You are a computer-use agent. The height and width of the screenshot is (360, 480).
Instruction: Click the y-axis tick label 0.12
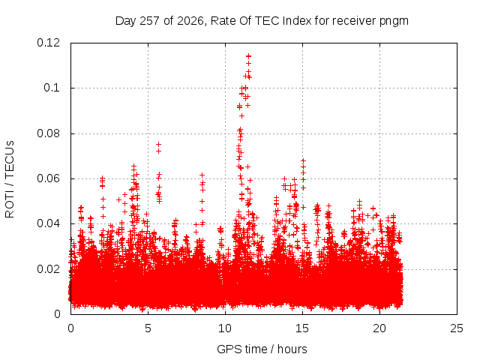coord(48,43)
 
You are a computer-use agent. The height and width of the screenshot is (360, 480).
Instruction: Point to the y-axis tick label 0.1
coord(52,88)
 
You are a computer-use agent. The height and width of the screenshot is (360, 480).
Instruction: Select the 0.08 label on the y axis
coord(48,133)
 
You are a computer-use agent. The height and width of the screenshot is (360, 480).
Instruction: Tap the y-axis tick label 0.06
coord(48,178)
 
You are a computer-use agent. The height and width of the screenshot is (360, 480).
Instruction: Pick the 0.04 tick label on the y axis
coord(48,223)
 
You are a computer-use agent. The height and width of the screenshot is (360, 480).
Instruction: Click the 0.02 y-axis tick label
coord(48,269)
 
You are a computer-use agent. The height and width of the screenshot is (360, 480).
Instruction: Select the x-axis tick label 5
coord(148,328)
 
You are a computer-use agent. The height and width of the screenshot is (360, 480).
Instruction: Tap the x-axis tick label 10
coord(225,328)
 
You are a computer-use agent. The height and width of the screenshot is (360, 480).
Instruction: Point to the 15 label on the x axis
coord(302,328)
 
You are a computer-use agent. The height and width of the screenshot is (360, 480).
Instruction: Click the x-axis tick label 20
coord(379,328)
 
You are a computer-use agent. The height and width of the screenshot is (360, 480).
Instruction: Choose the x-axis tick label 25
coord(457,328)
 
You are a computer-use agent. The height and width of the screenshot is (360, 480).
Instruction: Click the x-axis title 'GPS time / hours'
coord(262,349)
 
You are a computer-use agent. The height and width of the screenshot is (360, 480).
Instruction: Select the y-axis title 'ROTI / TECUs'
coord(10,179)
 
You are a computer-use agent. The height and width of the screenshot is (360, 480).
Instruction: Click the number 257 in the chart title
coord(150,21)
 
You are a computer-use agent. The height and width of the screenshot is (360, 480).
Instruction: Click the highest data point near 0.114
coord(248,56)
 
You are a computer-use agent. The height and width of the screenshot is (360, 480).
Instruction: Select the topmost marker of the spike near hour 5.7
coord(158,144)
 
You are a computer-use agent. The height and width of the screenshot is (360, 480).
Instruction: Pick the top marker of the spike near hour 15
coord(303,160)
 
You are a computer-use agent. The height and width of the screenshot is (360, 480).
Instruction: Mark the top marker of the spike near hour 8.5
coord(202,175)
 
